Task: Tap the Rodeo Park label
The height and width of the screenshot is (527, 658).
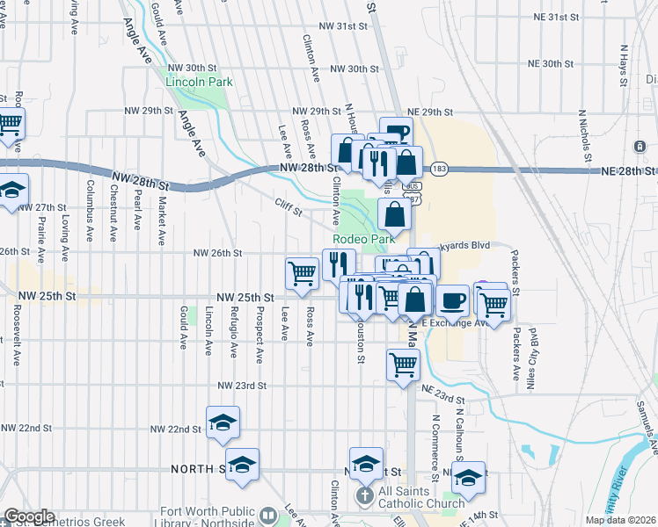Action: click(x=363, y=239)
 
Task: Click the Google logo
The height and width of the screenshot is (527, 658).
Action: click(x=29, y=516)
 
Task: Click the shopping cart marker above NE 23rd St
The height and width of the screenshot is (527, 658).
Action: click(x=403, y=362)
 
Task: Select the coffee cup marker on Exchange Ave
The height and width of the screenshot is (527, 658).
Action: click(x=452, y=300)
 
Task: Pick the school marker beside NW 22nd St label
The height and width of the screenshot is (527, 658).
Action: click(x=223, y=422)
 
